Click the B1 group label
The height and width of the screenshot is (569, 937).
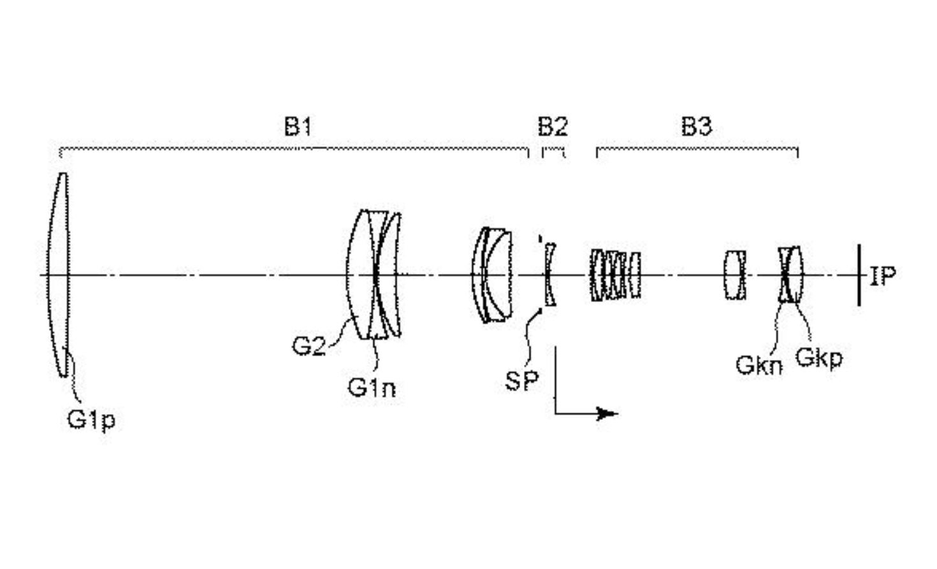298,127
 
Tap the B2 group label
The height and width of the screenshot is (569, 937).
552,127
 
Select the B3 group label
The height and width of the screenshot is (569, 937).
696,127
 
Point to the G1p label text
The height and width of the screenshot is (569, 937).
91,419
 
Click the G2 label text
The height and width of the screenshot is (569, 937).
309,346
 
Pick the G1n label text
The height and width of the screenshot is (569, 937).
371,387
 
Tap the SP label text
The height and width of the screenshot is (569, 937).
521,380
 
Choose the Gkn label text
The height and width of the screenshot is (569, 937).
759,365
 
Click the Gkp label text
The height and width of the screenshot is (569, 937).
819,358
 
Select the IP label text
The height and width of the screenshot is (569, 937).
883,276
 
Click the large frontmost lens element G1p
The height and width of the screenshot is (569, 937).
59,274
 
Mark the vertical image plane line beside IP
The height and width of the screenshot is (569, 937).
859,275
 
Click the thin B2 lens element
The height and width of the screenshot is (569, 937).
549,274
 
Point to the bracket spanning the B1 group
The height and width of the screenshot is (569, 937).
293,150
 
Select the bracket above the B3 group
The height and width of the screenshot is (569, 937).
697,150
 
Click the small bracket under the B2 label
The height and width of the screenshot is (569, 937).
553,151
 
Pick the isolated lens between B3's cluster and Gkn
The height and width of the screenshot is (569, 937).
735,275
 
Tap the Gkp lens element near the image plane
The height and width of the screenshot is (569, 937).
795,274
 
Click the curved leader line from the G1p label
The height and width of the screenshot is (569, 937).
75,376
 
